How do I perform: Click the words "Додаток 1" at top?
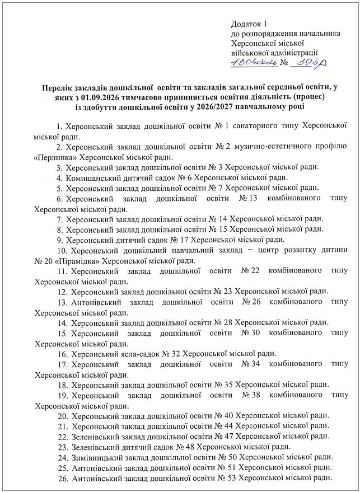[250, 24]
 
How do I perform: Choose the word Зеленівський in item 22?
[96, 436]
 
